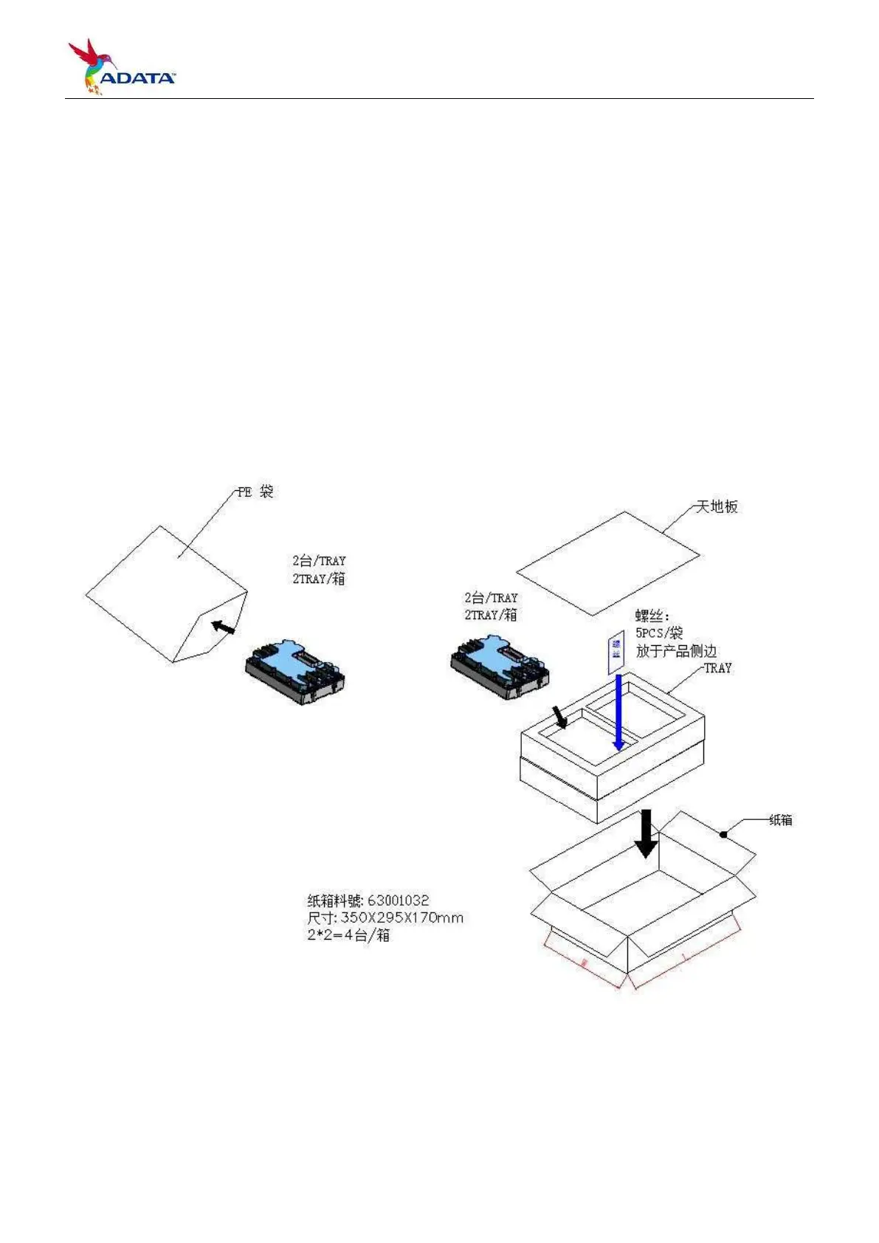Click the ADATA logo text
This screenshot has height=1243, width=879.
[x=138, y=78]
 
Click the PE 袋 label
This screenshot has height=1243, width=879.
[x=255, y=492]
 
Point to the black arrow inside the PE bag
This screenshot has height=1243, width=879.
[x=223, y=627]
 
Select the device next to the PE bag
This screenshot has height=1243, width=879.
[x=295, y=672]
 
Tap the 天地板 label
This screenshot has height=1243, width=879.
[x=717, y=507]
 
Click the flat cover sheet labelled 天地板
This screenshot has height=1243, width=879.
[x=607, y=562]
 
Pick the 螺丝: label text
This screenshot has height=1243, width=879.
[x=652, y=616]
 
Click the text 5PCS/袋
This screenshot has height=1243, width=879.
[x=659, y=633]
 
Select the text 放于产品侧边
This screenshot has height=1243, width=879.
[x=676, y=651]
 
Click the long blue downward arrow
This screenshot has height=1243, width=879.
[x=618, y=712]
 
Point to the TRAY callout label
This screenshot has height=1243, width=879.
[x=717, y=668]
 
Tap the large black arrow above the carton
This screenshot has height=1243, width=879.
[x=647, y=833]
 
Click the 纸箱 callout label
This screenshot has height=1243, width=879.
[x=781, y=820]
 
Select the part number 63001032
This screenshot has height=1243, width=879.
[x=398, y=901]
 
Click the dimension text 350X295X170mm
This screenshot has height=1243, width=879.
[x=401, y=918]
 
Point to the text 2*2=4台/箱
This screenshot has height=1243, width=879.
[x=348, y=936]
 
